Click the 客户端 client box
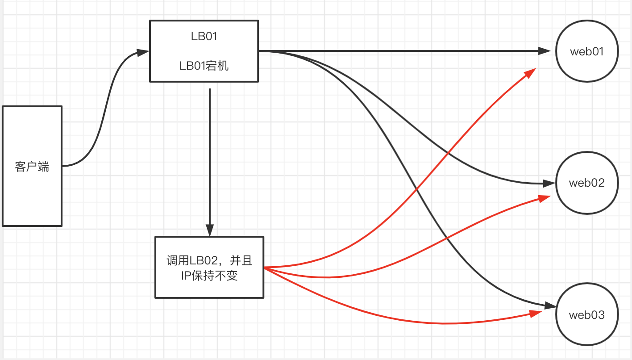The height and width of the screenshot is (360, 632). point(32,166)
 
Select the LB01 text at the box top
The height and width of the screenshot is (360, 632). point(204,37)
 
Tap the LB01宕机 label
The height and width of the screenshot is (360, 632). point(204,66)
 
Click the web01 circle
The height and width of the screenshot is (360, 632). point(587,51)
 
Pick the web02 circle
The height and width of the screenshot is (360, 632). point(587,183)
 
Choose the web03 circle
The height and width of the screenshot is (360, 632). point(587,315)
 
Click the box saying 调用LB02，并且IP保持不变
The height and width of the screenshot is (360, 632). point(209,267)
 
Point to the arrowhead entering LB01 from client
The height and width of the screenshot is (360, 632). point(143,52)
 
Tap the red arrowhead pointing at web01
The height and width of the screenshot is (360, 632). point(531,73)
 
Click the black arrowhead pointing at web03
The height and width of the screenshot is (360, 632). point(550,306)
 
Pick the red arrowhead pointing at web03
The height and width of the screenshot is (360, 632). point(536,314)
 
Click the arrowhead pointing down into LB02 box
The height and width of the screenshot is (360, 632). point(210,230)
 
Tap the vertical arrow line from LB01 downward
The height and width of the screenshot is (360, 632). point(210,156)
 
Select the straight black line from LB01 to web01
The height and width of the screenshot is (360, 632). point(402,51)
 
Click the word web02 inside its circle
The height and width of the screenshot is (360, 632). point(587,183)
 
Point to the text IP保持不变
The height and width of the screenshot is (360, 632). point(209,276)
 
